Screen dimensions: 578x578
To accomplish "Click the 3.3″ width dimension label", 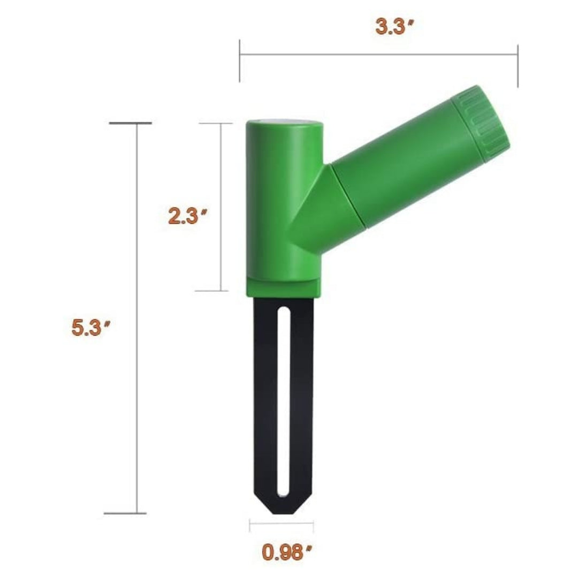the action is click(x=395, y=27).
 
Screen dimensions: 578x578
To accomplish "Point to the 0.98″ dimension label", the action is click(x=287, y=552).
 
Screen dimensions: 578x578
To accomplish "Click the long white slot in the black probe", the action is click(x=284, y=402).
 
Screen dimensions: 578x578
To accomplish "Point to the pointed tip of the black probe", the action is click(x=283, y=513).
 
